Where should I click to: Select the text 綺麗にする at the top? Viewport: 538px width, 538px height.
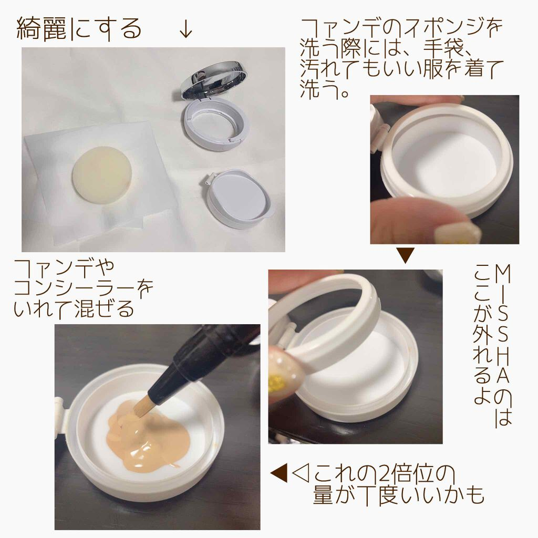[79, 29]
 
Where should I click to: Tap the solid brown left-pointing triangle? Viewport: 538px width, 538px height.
[279, 474]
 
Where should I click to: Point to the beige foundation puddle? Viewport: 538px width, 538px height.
[148, 434]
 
